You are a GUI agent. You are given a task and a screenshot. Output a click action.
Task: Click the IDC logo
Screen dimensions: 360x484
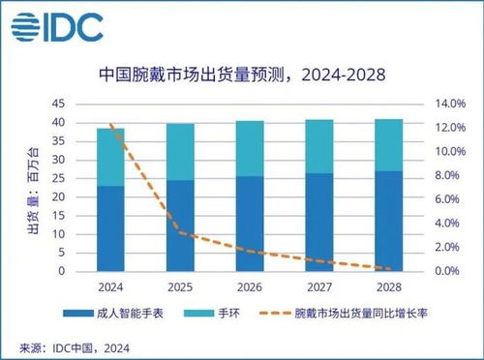pos(59,27)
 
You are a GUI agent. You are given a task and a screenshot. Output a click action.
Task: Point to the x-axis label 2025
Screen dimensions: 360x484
pos(180,286)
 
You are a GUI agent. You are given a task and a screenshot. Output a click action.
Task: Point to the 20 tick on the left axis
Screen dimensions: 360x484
pos(58,197)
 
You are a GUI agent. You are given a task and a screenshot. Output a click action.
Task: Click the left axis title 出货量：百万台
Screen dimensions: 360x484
pos(32,188)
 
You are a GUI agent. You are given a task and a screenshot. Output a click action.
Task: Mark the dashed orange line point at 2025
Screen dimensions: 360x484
pos(180,233)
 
